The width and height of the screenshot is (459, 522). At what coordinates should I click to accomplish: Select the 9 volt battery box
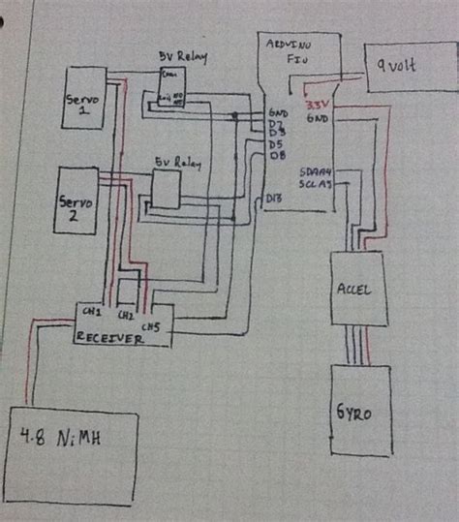(x=408, y=69)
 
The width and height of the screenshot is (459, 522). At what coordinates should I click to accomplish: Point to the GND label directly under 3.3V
(x=317, y=118)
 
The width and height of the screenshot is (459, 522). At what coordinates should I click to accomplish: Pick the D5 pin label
(x=276, y=144)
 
